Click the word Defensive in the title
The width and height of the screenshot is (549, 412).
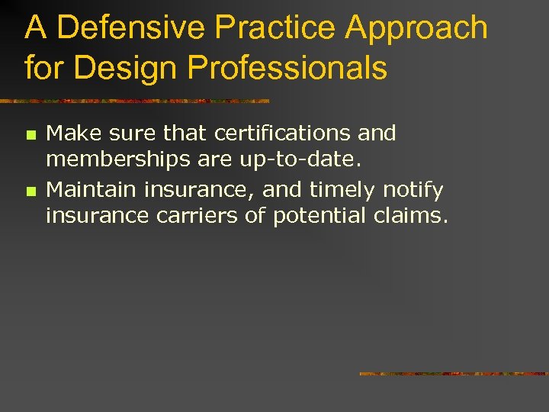[131, 28]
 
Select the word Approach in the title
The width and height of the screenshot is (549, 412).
[417, 28]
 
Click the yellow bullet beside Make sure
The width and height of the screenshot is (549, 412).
[30, 134]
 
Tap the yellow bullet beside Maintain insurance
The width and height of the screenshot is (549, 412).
[30, 189]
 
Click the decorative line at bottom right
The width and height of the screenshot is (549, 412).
[454, 374]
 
